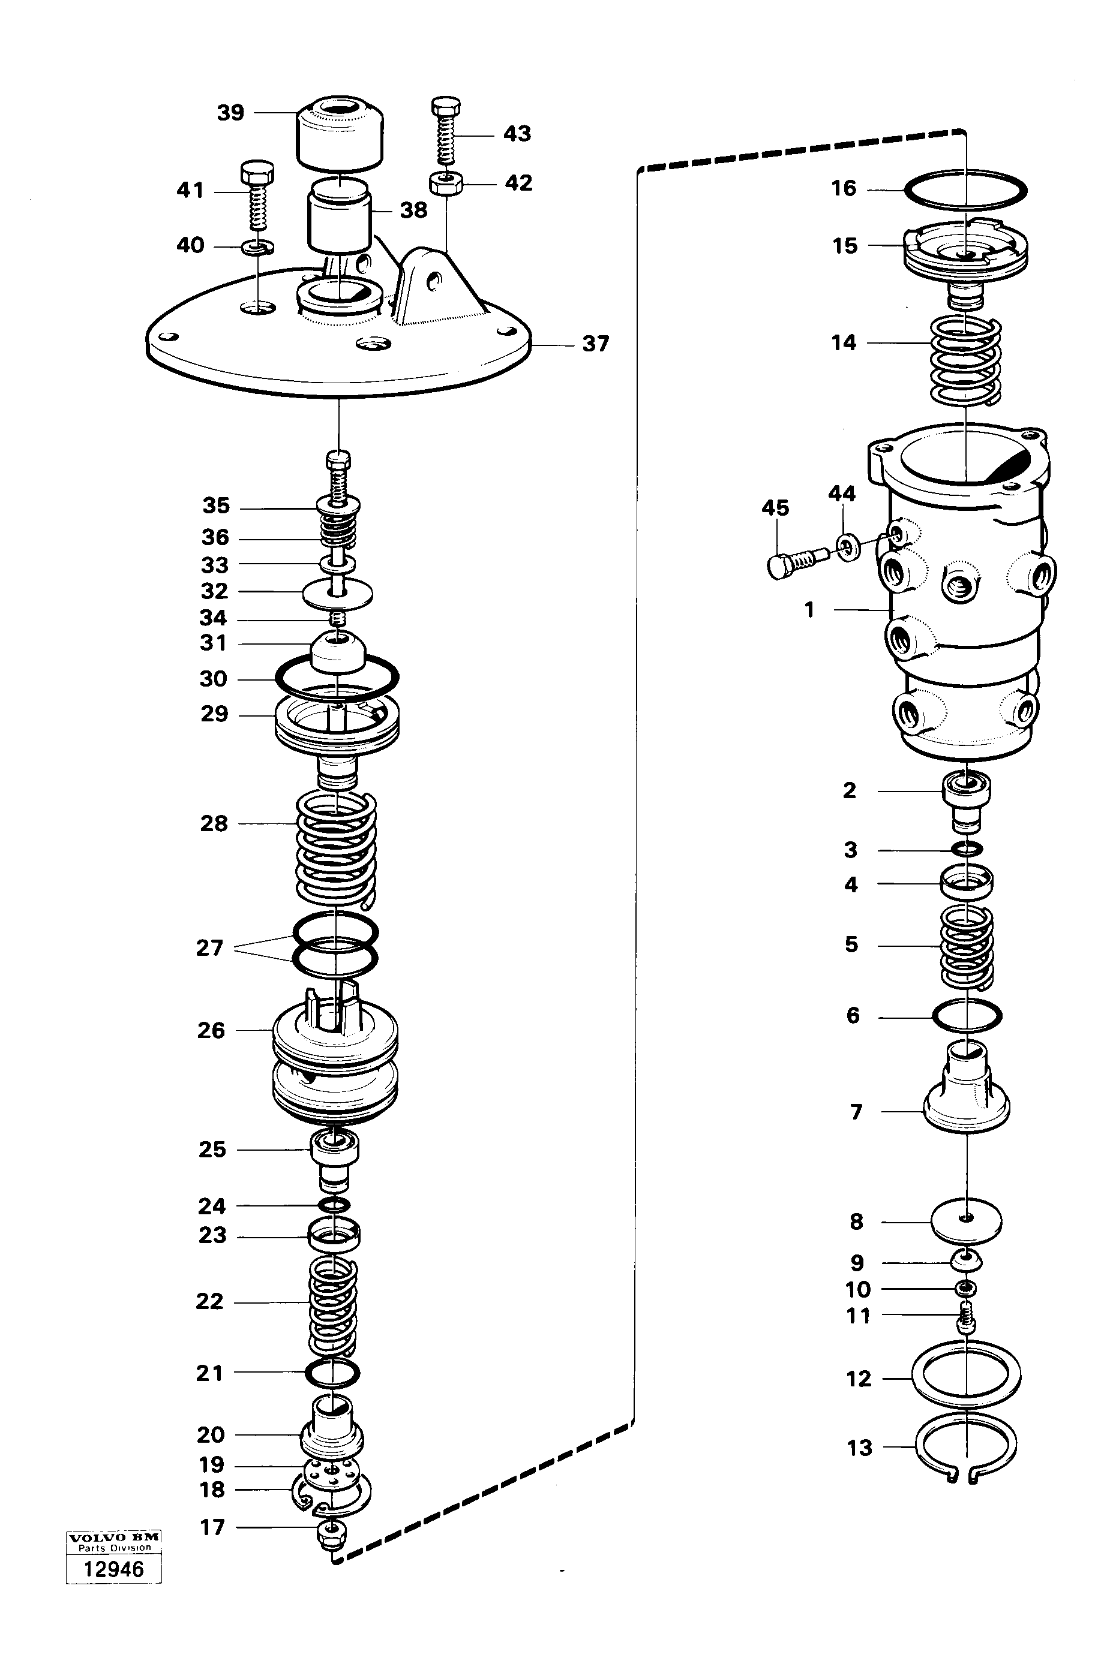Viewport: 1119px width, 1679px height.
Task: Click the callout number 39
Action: click(230, 113)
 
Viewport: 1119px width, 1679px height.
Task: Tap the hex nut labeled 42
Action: click(447, 184)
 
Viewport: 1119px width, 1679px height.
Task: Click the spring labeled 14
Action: click(965, 360)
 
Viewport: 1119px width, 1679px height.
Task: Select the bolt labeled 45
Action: click(796, 560)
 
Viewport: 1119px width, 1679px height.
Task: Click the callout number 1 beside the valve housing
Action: click(809, 610)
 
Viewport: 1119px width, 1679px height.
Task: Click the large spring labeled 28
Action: click(336, 848)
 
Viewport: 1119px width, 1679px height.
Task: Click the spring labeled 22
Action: click(333, 1305)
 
